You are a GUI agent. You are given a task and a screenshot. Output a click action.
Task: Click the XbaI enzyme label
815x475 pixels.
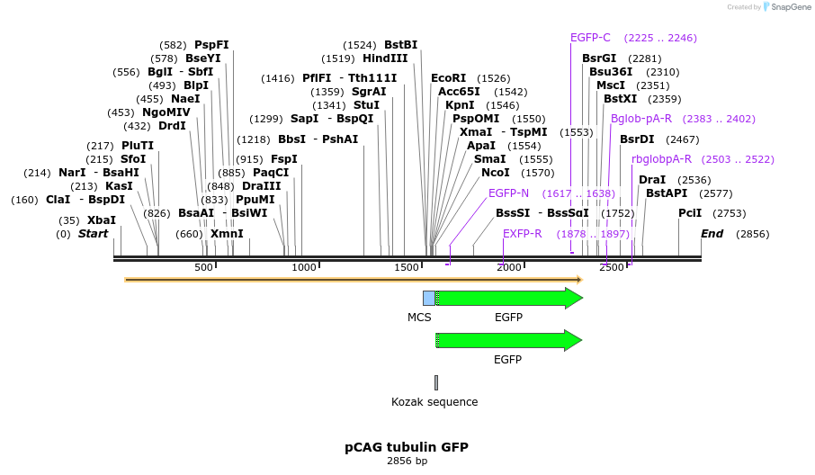[x=101, y=220]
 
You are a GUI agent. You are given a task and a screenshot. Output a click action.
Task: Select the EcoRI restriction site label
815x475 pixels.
[x=449, y=78]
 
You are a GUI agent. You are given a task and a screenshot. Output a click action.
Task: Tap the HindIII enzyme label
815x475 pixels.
[x=385, y=58]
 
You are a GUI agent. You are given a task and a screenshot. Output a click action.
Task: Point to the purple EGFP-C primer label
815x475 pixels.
[x=590, y=38]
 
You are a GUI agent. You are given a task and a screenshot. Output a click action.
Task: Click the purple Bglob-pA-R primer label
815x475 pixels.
[x=641, y=119]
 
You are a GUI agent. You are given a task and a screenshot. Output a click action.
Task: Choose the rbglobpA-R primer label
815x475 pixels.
[x=661, y=159]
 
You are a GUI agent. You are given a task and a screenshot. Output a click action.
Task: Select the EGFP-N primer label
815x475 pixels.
[x=509, y=193]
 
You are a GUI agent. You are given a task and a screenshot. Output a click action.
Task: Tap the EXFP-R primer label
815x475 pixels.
[x=522, y=234]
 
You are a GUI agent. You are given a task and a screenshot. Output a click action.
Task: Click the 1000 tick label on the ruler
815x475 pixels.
[x=304, y=267]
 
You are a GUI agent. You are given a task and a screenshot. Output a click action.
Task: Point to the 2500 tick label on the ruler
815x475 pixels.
[x=611, y=267]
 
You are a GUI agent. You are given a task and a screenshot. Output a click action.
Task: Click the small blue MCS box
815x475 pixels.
[x=429, y=298]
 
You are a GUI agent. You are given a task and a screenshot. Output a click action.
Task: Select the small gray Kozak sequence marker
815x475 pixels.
[x=436, y=382]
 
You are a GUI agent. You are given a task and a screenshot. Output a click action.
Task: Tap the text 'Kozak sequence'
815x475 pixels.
[x=434, y=402]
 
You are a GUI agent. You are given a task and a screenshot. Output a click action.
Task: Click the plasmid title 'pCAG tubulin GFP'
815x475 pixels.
[x=407, y=447]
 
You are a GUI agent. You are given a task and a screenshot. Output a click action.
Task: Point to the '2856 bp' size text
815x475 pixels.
[x=407, y=462]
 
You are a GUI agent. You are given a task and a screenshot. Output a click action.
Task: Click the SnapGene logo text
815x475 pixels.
[x=789, y=7]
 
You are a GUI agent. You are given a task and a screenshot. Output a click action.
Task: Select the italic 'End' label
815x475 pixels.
[x=712, y=234]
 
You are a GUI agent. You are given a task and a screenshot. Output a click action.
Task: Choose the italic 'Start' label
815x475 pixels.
[x=93, y=234]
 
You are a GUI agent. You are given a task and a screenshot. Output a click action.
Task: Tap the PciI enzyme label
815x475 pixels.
[x=690, y=213]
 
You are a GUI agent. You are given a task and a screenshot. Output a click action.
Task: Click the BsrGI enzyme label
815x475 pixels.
[x=599, y=58]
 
